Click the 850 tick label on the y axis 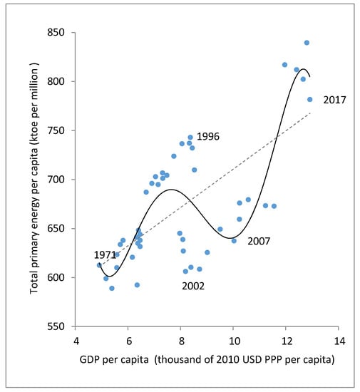point(56,33)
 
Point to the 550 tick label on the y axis point(56,326)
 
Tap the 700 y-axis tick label point(56,180)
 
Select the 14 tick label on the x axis point(339,341)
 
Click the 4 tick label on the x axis point(76,341)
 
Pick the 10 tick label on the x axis point(235,341)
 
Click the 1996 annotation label point(208,137)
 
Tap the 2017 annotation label point(335,100)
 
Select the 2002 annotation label point(193,286)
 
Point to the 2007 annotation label point(259,241)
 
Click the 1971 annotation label point(105,255)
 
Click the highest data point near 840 point(307,43)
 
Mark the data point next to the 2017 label point(310,100)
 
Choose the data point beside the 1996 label point(190,138)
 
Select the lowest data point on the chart point(112,288)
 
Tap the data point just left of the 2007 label point(234,241)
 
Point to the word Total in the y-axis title point(34,282)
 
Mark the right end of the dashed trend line point(310,113)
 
